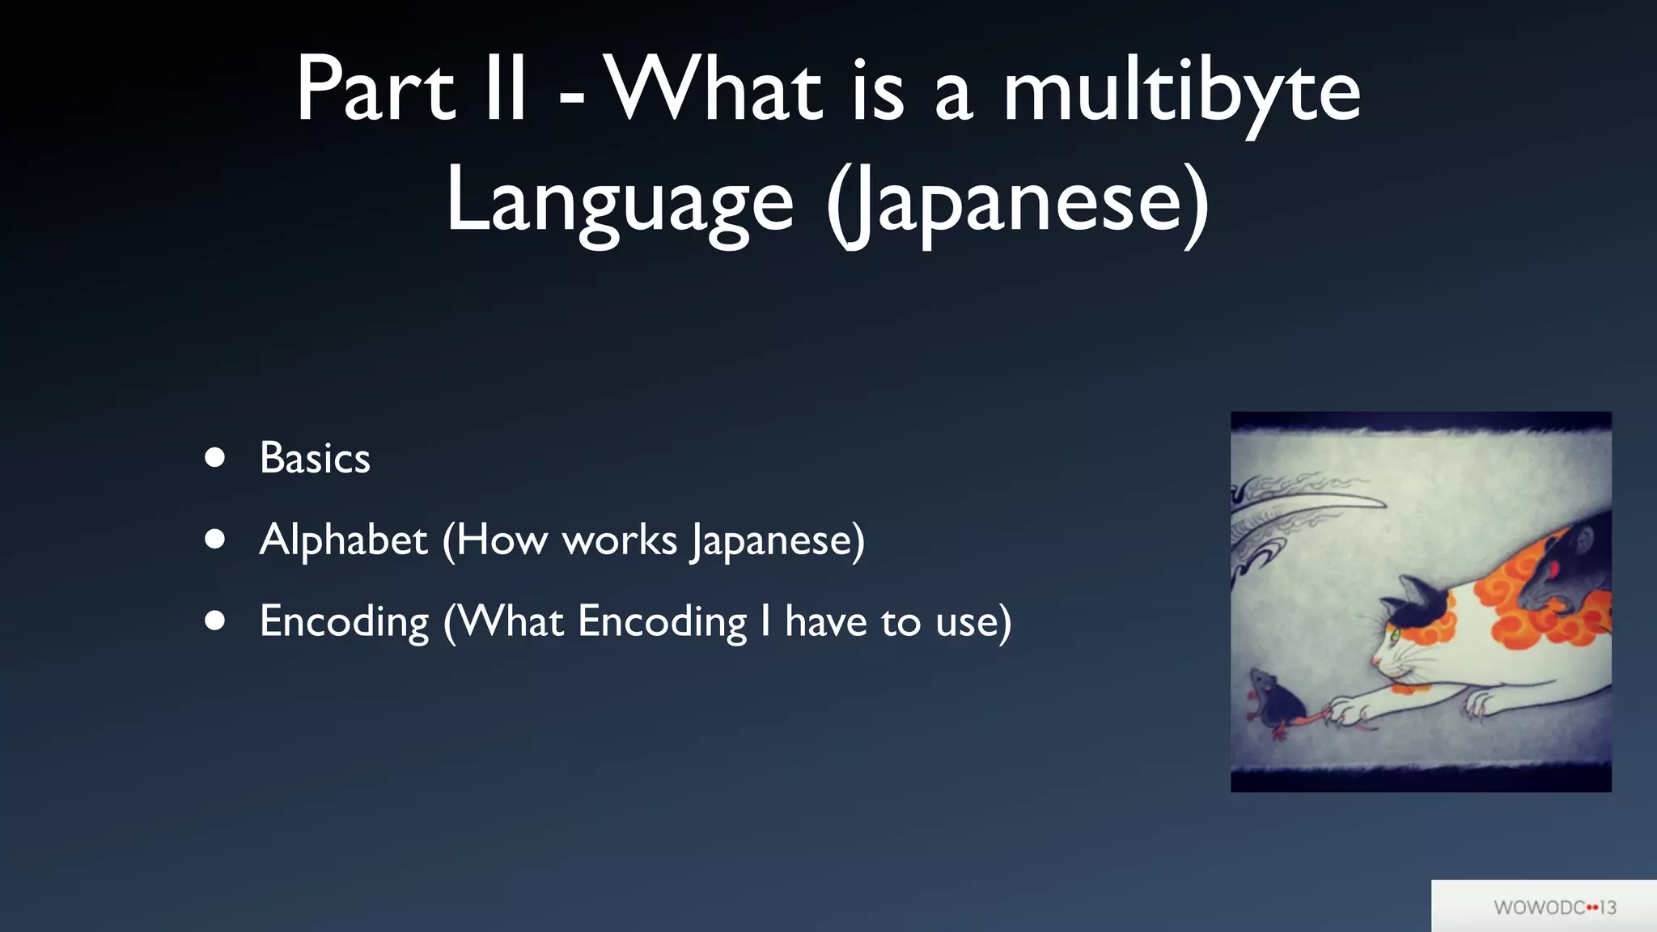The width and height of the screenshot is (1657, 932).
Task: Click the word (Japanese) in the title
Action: click(1018, 202)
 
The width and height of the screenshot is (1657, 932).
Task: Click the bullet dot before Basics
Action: click(214, 458)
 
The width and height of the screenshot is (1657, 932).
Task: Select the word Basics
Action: click(315, 458)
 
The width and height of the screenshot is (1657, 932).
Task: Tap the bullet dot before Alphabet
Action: click(214, 540)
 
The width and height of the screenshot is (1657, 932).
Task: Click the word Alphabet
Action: click(343, 540)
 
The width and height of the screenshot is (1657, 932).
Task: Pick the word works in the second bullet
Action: click(619, 540)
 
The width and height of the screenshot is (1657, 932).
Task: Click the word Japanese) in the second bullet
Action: click(778, 540)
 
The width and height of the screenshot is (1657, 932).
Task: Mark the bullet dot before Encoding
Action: click(214, 621)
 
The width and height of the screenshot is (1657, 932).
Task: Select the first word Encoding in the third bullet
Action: click(344, 622)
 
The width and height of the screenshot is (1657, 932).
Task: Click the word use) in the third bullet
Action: click(973, 622)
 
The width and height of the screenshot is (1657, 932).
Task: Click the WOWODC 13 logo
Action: click(1554, 907)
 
